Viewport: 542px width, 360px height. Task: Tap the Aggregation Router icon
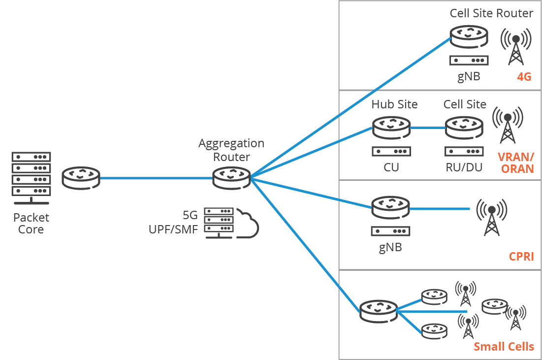(231, 178)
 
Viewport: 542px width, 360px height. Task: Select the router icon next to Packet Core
(81, 178)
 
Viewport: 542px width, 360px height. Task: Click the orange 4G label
(524, 77)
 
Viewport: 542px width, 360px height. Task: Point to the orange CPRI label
(521, 257)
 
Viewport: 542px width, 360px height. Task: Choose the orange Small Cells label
(504, 347)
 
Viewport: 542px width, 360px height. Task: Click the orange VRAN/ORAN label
(516, 163)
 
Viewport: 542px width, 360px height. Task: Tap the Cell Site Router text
(491, 13)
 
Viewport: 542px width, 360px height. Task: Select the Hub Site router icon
(391, 128)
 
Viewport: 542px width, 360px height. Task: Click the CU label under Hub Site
(391, 167)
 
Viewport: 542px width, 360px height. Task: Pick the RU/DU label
(464, 167)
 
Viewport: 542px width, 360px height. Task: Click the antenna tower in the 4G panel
(516, 47)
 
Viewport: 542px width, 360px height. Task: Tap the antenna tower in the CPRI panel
(491, 217)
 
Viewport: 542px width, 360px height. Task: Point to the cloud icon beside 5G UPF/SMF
(247, 224)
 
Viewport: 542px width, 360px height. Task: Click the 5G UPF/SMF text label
(173, 223)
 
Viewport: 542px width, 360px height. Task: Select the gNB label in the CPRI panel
(390, 247)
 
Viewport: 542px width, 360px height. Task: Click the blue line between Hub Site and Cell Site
(427, 128)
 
